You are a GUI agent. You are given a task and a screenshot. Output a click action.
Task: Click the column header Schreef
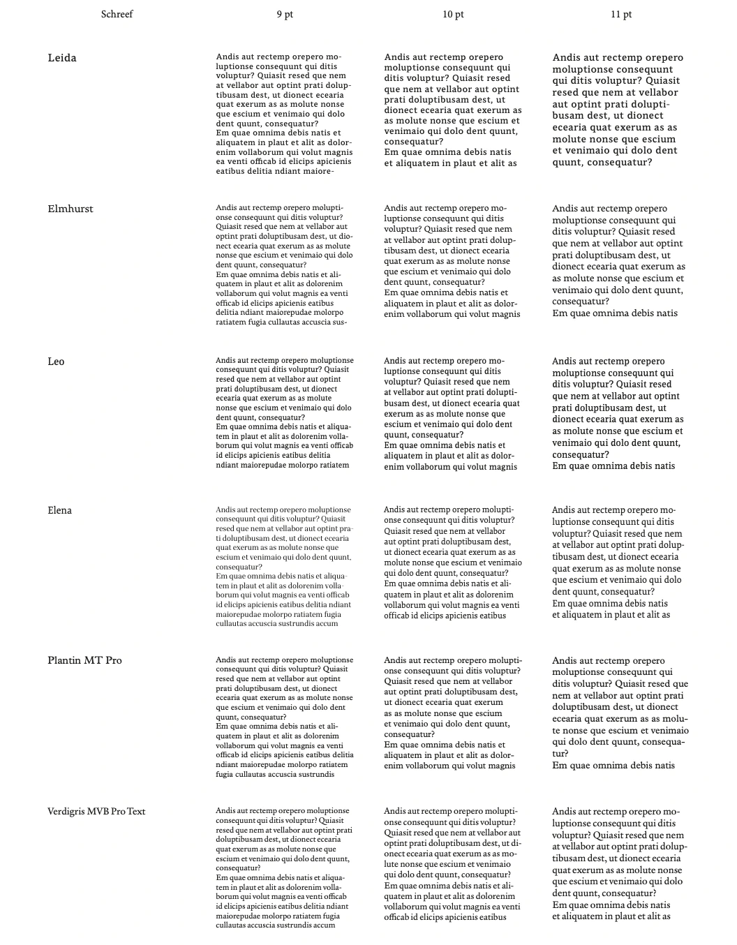point(117,14)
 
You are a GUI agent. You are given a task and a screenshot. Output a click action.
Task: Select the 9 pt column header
point(284,15)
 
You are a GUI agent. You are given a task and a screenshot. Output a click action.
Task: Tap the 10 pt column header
point(453,15)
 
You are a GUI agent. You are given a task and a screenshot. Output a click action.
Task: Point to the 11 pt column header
point(621,15)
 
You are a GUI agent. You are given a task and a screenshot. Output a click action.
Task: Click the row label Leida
point(62,58)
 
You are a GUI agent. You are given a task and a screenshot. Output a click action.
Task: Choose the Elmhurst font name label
point(70,209)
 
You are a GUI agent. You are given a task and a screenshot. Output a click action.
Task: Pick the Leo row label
point(56,362)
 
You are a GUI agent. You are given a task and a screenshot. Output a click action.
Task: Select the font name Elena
point(59,510)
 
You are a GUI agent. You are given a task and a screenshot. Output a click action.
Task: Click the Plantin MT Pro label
point(84,660)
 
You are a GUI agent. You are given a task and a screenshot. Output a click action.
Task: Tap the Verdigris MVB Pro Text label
point(96,811)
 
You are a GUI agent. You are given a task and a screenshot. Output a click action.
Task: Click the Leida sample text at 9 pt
point(284,114)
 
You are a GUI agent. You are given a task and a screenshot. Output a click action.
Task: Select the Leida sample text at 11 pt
point(618,110)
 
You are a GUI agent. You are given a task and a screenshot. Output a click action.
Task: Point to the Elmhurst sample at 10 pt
point(452,261)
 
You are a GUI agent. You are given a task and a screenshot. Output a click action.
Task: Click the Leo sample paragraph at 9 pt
point(284,412)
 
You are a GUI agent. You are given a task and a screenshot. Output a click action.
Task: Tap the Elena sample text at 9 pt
point(284,567)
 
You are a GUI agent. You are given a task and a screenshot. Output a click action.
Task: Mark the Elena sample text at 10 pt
point(452,563)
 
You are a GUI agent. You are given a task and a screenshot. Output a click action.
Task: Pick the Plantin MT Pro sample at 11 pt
point(619,713)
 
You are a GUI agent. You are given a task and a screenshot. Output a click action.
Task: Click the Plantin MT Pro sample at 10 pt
point(452,713)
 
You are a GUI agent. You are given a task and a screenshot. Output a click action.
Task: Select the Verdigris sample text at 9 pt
point(284,868)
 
